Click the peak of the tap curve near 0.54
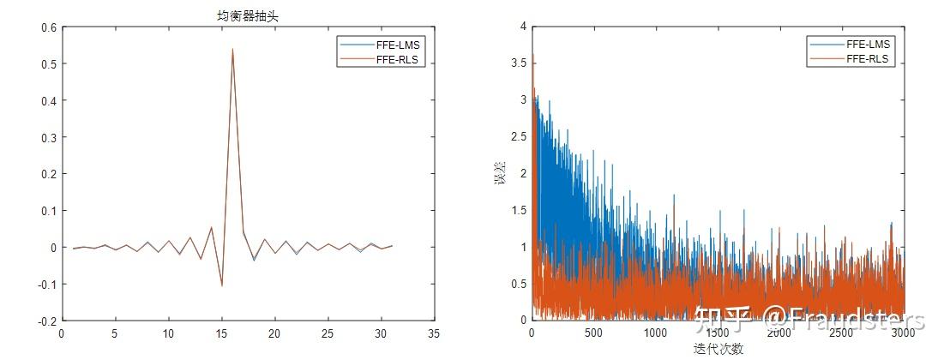point(232,49)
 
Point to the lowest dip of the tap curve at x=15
point(222,285)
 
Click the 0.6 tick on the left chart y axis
point(48,27)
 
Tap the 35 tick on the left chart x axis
point(434,333)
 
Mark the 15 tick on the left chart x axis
point(221,333)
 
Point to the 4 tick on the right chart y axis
point(521,27)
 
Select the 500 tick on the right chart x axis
point(593,333)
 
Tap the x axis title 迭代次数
point(719,349)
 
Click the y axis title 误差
point(500,173)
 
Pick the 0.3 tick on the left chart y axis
point(48,137)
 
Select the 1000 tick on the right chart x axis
point(655,333)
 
